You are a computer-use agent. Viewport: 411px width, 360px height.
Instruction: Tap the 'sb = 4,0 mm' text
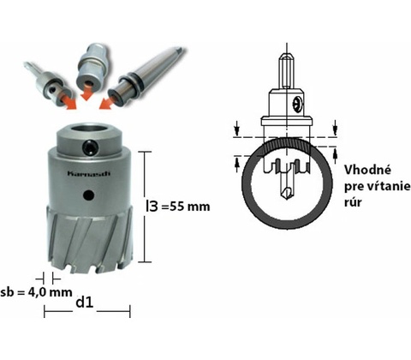(x=36, y=292)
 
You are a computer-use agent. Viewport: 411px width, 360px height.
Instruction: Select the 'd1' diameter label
(x=85, y=303)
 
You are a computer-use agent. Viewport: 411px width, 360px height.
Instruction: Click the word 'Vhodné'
(x=367, y=170)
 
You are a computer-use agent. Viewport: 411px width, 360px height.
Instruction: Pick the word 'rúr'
(x=353, y=202)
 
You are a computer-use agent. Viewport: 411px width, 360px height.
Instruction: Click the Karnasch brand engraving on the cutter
(x=89, y=173)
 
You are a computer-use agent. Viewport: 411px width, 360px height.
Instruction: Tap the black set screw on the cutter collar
(x=90, y=147)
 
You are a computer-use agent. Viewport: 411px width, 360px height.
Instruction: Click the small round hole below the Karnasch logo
(x=88, y=195)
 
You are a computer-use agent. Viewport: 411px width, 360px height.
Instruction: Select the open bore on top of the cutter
(x=90, y=129)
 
